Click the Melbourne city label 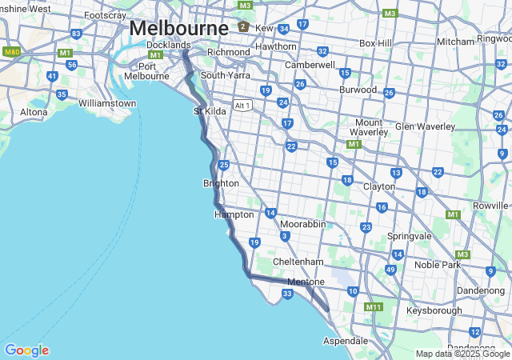(178, 27)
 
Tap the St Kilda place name (210, 111)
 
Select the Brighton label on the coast (221, 183)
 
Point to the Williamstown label (107, 103)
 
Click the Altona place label (34, 112)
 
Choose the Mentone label (306, 282)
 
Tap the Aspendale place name (346, 341)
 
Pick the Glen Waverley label (425, 126)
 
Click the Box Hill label (375, 42)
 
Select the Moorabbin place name (302, 224)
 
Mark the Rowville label (490, 206)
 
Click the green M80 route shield (11, 52)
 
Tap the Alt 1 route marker (242, 106)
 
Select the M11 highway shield (374, 307)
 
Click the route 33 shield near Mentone (288, 294)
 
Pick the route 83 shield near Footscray (76, 34)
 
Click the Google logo (26, 350)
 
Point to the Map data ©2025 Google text (462, 354)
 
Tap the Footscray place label (104, 15)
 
